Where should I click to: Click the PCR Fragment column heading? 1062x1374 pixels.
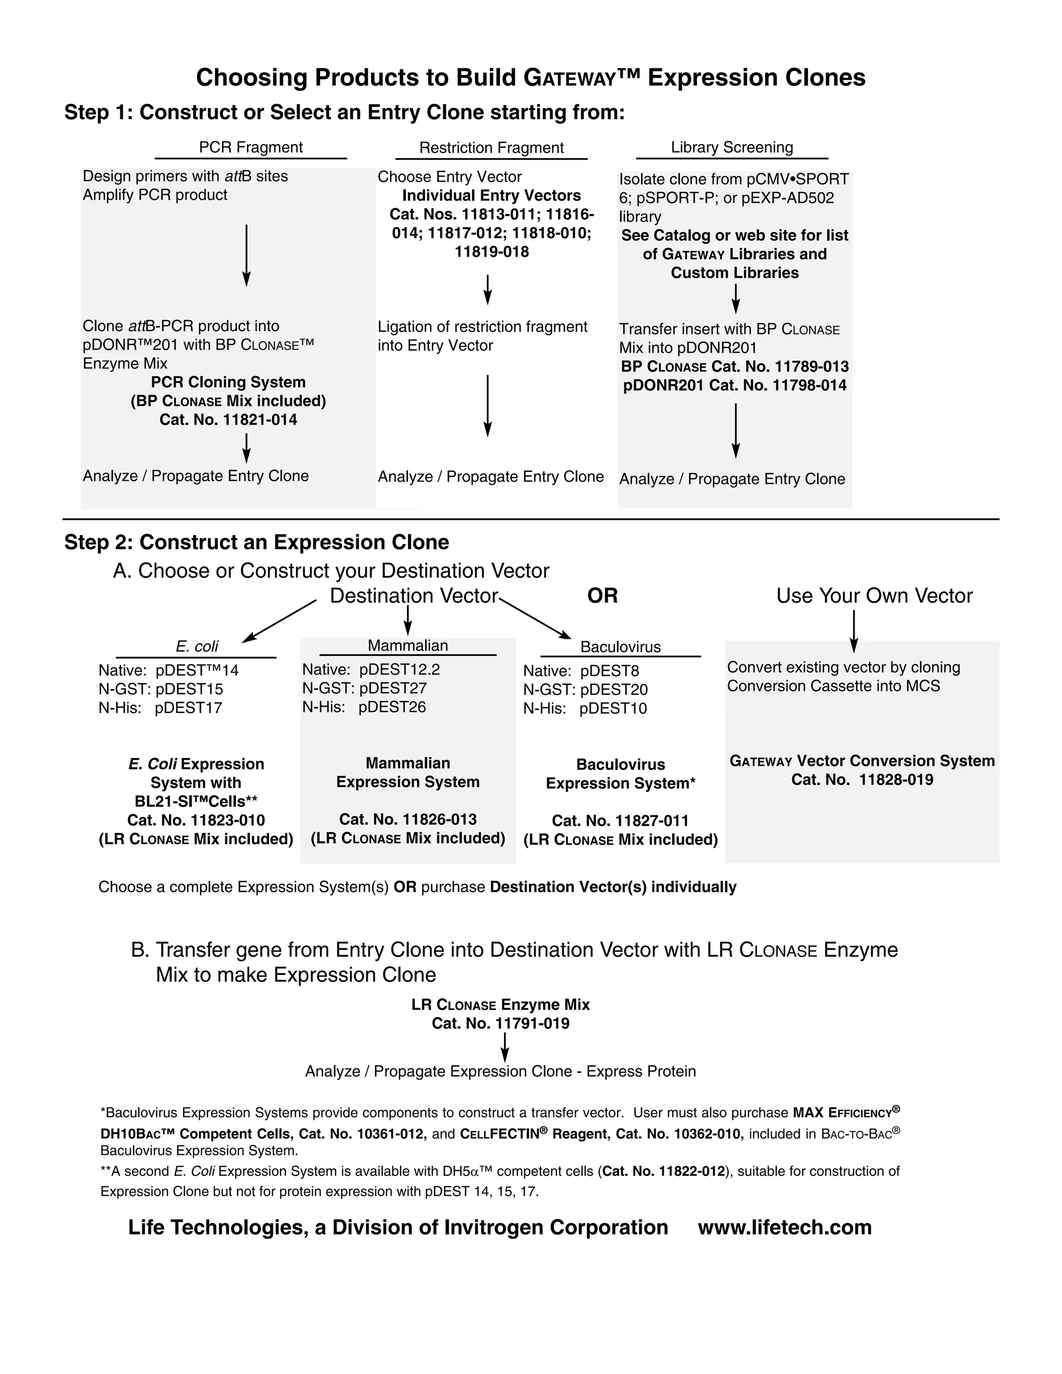click(x=250, y=147)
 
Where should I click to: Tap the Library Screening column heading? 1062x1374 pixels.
click(x=732, y=147)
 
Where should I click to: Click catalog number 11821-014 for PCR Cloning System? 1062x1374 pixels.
click(x=228, y=419)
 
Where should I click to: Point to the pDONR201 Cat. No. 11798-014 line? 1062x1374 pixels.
click(x=734, y=385)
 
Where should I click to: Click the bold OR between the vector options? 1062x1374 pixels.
click(x=602, y=595)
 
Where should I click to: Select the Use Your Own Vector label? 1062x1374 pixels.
click(x=874, y=595)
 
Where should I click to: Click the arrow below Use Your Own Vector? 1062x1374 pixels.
click(x=854, y=631)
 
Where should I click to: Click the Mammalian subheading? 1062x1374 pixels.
click(x=408, y=646)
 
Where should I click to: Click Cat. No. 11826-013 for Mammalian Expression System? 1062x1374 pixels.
click(x=408, y=819)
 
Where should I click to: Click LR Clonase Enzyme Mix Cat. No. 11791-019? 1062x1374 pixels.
click(x=500, y=1023)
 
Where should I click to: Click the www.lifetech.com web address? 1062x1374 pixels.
click(x=785, y=1227)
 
